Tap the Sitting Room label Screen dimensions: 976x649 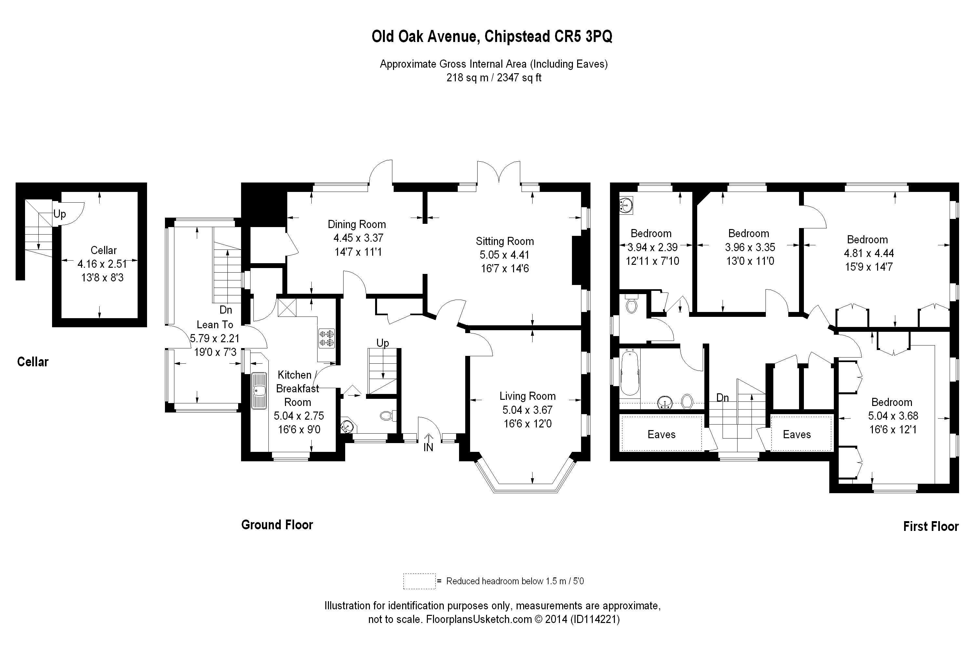click(504, 241)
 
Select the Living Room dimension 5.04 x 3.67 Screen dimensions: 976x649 click(527, 410)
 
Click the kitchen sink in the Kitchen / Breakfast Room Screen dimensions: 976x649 click(259, 391)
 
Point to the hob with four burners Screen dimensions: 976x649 click(326, 338)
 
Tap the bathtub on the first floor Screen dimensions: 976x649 click(629, 372)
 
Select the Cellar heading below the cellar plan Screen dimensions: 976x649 click(33, 362)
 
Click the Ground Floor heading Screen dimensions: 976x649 click(277, 525)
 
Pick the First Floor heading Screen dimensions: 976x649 click(930, 526)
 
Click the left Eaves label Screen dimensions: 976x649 click(661, 434)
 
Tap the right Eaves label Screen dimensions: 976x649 click(796, 434)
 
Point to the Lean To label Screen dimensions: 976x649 click(215, 325)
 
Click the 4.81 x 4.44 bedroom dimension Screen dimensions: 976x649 click(868, 253)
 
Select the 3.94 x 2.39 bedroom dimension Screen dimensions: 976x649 click(652, 247)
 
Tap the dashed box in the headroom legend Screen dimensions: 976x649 click(419, 581)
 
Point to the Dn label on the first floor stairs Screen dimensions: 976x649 click(722, 398)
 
